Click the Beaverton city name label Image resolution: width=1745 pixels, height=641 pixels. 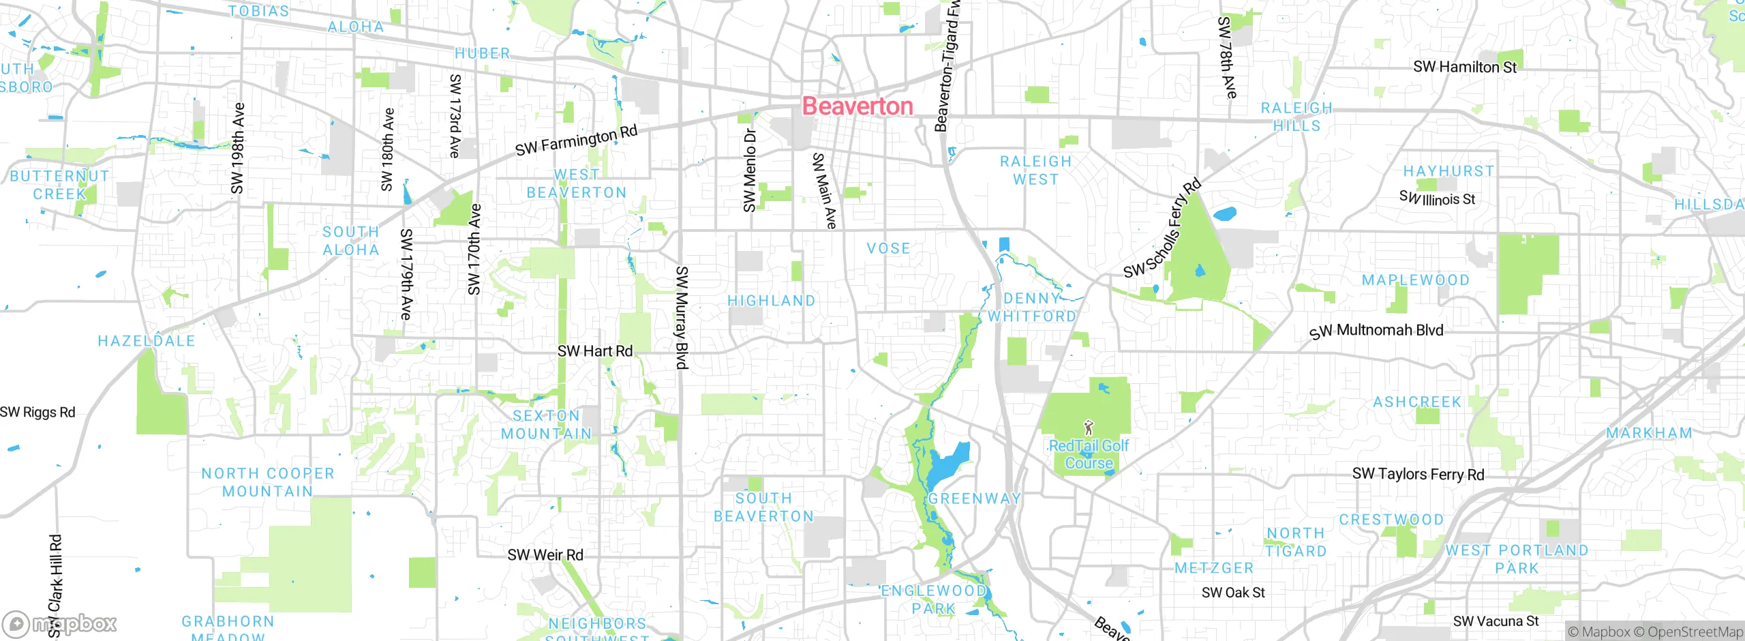(x=858, y=106)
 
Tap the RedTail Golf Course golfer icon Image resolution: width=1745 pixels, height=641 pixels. (x=1089, y=428)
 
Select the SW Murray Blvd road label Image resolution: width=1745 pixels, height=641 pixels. (x=681, y=318)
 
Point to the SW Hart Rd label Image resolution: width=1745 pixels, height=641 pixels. (x=595, y=351)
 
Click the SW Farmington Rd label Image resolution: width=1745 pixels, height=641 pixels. (x=576, y=140)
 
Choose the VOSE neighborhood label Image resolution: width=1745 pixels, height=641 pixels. (x=888, y=248)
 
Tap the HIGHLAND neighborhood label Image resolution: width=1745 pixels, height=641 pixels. (x=771, y=301)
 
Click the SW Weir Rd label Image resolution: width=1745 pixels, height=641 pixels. (x=545, y=555)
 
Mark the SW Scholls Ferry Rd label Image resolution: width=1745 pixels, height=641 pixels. (x=1162, y=229)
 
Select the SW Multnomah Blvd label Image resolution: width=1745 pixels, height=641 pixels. (x=1376, y=331)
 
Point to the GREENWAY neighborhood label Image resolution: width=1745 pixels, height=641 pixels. (x=974, y=498)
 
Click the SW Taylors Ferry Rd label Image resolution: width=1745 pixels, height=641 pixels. (x=1418, y=474)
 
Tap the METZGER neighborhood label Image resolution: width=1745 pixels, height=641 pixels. (x=1214, y=568)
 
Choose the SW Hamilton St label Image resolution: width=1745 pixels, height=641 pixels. (x=1465, y=67)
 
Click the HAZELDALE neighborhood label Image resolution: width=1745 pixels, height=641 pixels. (x=147, y=341)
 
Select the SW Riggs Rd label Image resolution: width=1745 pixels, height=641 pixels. (x=37, y=412)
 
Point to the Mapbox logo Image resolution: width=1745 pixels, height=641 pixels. (x=60, y=623)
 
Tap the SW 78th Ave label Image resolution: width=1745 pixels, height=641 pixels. (x=1226, y=58)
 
